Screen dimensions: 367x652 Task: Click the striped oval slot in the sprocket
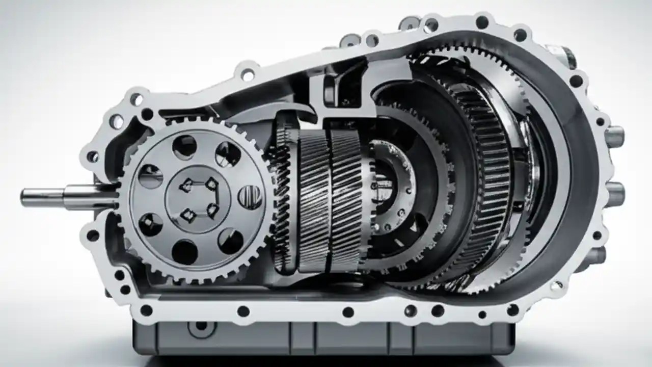pos(250,196)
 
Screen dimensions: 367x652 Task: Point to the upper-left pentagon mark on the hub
pos(187,186)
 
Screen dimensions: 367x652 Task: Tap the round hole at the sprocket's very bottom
pos(184,252)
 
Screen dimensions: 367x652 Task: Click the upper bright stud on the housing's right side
pos(614,136)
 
